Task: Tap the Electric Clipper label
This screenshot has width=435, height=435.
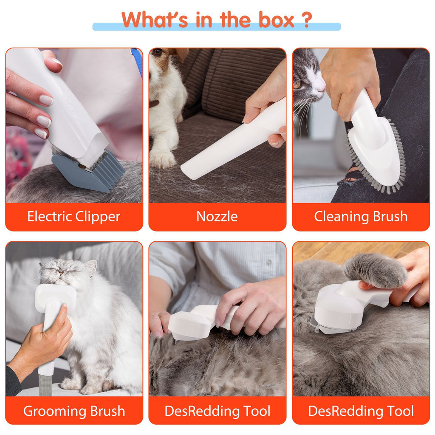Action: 74,217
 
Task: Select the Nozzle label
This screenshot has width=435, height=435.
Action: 217,217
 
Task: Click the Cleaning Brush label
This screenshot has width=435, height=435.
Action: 361,217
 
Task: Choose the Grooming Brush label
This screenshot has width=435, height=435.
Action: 74,411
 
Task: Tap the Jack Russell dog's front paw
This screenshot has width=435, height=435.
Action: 162,160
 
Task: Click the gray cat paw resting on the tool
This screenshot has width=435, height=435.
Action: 374,269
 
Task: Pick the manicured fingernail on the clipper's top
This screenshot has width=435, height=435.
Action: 56,63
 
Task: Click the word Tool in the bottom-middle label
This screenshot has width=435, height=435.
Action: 255,411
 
